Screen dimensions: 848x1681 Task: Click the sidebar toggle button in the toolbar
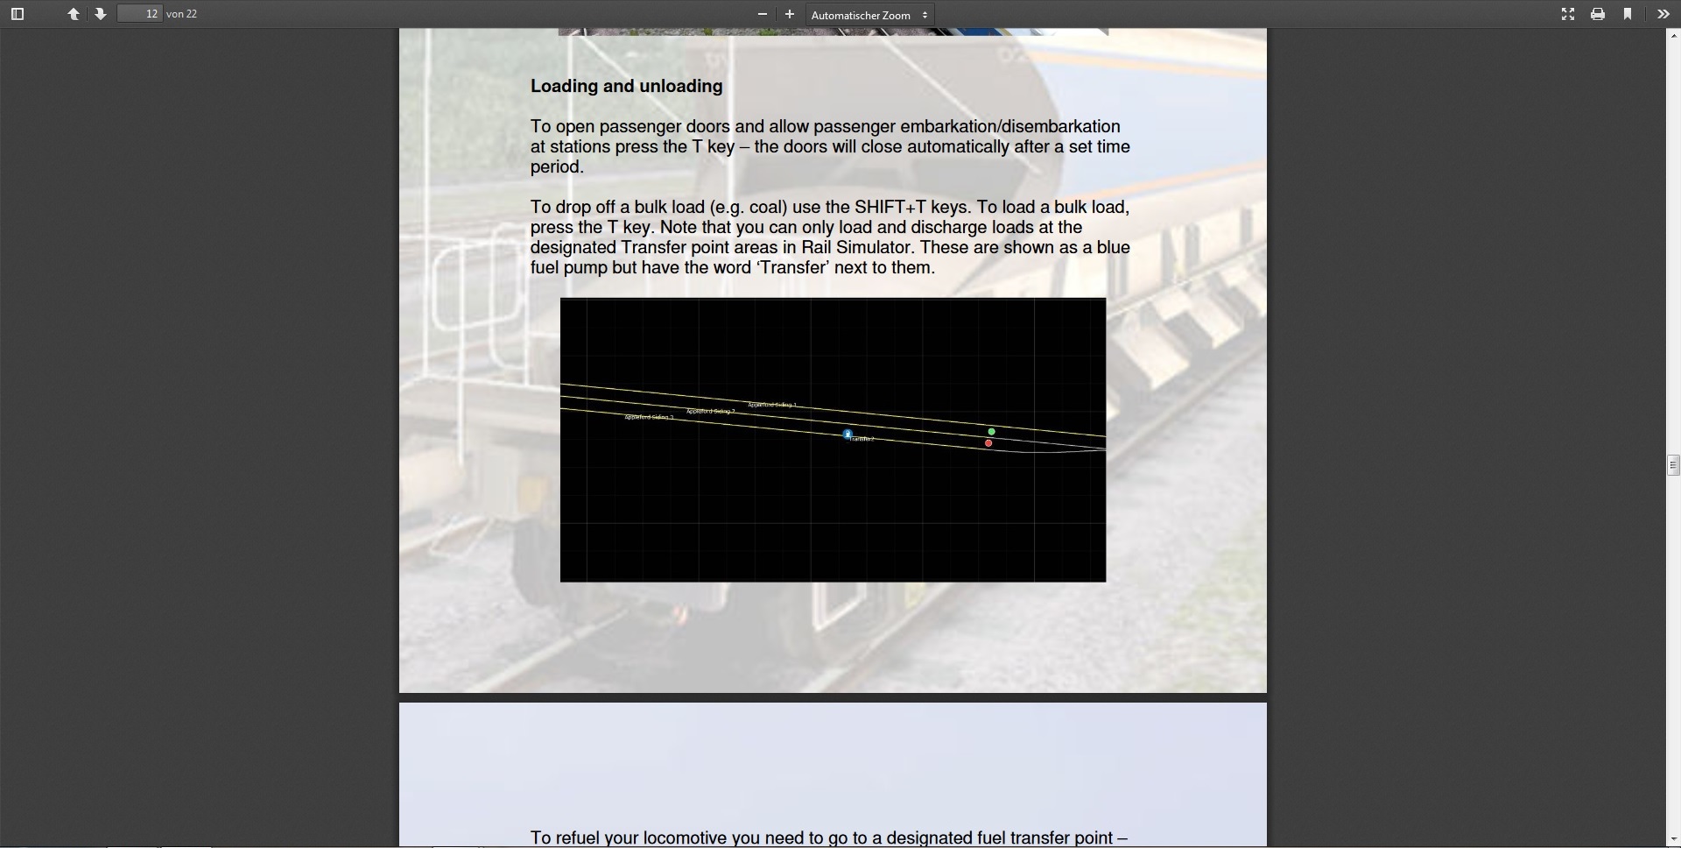(x=18, y=14)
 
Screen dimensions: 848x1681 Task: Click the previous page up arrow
(x=74, y=14)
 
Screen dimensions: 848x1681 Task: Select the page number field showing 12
(x=140, y=14)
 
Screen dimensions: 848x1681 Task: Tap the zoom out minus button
(x=763, y=14)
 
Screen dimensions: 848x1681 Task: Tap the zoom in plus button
(x=790, y=14)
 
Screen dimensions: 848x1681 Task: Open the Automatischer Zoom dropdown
(x=869, y=15)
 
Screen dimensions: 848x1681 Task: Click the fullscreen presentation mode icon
(x=1568, y=14)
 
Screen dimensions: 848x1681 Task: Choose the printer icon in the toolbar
(x=1598, y=14)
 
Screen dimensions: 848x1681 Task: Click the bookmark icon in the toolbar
(x=1628, y=14)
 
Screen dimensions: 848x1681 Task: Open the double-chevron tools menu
(x=1663, y=14)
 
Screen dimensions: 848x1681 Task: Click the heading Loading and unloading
(x=626, y=86)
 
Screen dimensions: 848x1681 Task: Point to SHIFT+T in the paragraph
(x=890, y=208)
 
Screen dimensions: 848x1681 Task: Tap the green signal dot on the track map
(x=991, y=432)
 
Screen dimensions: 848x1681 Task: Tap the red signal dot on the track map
(x=988, y=443)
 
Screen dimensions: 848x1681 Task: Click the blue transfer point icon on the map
(x=848, y=434)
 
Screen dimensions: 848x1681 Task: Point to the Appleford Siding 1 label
(x=772, y=405)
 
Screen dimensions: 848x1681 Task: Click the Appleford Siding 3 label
(x=649, y=417)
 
